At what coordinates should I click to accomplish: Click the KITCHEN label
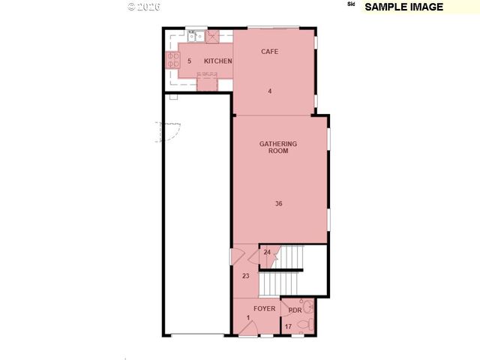[217, 61]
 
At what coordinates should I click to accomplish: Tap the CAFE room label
[270, 52]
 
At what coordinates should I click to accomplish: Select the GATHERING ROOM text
[278, 147]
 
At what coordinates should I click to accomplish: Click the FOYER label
[264, 309]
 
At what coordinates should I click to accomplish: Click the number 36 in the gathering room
[278, 203]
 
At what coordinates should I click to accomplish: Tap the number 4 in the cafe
[270, 91]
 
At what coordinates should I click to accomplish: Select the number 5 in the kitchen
[189, 61]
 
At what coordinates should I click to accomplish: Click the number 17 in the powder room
[288, 326]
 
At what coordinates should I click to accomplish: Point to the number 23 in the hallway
[246, 276]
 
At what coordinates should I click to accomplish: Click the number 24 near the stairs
[267, 253]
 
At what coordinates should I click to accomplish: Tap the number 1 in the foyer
[247, 317]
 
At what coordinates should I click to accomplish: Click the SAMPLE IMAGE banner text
[403, 7]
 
